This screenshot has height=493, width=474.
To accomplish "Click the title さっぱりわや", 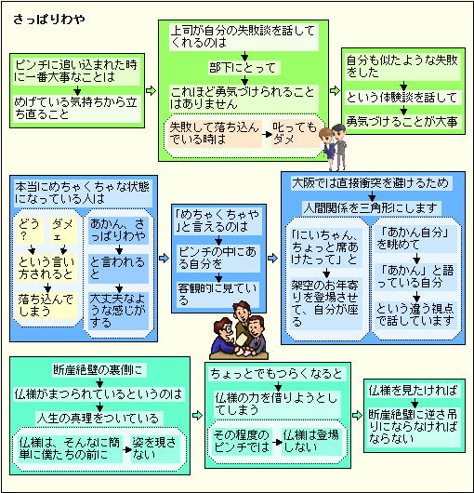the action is [x=48, y=20].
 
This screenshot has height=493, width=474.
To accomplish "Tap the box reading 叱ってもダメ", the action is [x=296, y=134].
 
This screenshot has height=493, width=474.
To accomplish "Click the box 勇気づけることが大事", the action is [x=402, y=121].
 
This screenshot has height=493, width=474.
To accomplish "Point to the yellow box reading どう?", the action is [x=31, y=231].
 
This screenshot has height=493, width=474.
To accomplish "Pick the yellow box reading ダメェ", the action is [x=64, y=231].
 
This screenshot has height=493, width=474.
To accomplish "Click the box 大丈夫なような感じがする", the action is [x=118, y=311].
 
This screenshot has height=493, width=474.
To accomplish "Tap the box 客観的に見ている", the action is [x=218, y=295].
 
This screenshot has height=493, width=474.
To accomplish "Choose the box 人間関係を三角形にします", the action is [x=372, y=207].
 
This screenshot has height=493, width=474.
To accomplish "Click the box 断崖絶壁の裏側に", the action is [x=99, y=370].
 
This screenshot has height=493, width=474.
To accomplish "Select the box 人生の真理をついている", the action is [x=99, y=419].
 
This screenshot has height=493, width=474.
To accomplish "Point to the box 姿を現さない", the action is [x=155, y=449].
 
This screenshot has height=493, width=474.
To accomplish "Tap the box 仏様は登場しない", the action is [x=311, y=442].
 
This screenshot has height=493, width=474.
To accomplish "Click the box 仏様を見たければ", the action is [x=414, y=391].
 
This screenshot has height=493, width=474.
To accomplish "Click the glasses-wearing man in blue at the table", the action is [x=225, y=338].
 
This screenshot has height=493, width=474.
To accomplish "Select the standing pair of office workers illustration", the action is [x=334, y=146].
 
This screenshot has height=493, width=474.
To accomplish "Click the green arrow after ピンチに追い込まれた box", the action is [x=151, y=90].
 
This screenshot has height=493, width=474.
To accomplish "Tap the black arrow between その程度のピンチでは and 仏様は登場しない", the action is [x=277, y=442].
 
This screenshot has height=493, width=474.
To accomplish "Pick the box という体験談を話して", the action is [x=402, y=98].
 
